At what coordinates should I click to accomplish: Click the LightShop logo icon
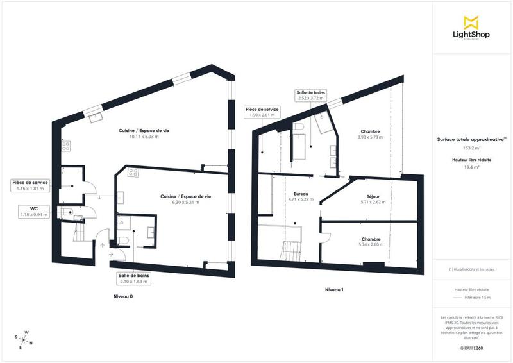click(471, 22)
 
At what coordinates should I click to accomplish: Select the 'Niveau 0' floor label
click(123, 297)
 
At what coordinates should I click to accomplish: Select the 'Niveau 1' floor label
click(334, 289)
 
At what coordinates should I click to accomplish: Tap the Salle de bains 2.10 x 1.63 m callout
click(134, 278)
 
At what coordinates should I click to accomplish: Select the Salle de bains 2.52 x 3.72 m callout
click(310, 96)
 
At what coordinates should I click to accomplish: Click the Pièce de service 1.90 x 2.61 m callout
click(263, 112)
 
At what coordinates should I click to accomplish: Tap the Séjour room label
click(371, 199)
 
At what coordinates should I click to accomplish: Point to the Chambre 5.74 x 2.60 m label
click(371, 241)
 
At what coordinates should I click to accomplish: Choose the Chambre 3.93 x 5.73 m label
click(371, 134)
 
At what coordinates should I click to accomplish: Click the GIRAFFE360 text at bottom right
click(471, 346)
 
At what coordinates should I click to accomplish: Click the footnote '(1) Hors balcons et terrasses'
click(471, 269)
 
